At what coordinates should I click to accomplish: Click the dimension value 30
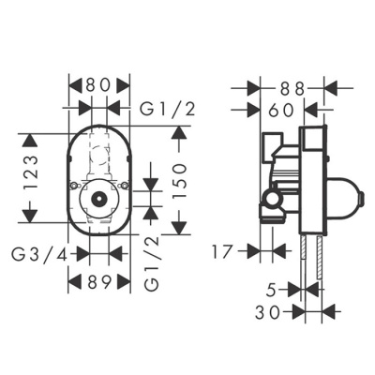coord(272,312)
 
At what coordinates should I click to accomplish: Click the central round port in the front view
coord(98,201)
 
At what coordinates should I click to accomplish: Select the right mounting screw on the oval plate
coord(124,193)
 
